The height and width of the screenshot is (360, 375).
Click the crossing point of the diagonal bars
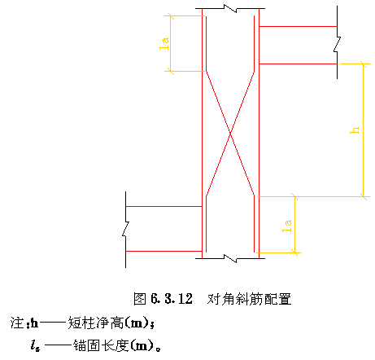[230, 134]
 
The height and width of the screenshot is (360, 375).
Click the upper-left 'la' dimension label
[164, 43]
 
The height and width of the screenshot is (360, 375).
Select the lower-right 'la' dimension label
[287, 226]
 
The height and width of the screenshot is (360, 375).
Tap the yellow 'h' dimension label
[355, 130]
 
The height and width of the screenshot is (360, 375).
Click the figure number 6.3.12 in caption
[172, 299]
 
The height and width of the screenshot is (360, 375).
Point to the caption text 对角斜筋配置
[249, 299]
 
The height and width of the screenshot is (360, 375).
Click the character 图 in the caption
[140, 299]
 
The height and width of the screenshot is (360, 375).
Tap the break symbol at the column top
[230, 8]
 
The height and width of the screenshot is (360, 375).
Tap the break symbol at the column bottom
[230, 258]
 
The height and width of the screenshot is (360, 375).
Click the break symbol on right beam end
[337, 44]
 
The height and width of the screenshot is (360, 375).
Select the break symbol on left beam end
[125, 229]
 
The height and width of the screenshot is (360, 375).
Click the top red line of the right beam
[298, 26]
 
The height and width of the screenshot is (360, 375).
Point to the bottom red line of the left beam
[164, 252]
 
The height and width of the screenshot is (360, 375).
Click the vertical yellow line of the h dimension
[364, 130]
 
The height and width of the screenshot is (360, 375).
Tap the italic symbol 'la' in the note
[35, 345]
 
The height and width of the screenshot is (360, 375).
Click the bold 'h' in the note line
[34, 323]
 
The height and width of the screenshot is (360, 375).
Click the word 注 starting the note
[17, 323]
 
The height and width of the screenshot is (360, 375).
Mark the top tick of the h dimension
[364, 64]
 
